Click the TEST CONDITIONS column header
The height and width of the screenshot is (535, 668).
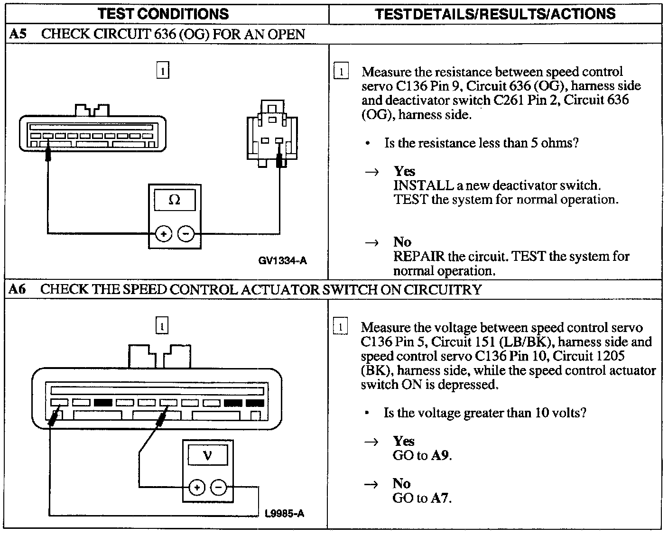coord(164,13)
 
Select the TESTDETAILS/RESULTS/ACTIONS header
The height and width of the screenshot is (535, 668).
coord(495,13)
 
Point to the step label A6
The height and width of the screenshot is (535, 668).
coord(18,289)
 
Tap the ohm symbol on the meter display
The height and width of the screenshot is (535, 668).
coord(174,200)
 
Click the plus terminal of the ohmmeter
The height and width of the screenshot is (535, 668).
coord(164,234)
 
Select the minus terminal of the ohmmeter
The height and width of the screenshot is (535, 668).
coord(186,234)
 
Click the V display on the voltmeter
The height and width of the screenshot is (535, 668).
coord(208,456)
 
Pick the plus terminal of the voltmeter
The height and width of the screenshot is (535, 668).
coord(197,487)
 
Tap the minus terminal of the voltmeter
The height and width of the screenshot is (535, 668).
coord(219,487)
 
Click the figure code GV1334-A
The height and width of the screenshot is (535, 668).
coord(283,260)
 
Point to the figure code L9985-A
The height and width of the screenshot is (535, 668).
coord(285,513)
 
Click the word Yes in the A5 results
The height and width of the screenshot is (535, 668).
coord(404,171)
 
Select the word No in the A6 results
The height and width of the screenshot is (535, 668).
coord(401,483)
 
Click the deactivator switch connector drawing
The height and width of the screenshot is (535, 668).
coord(272,135)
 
